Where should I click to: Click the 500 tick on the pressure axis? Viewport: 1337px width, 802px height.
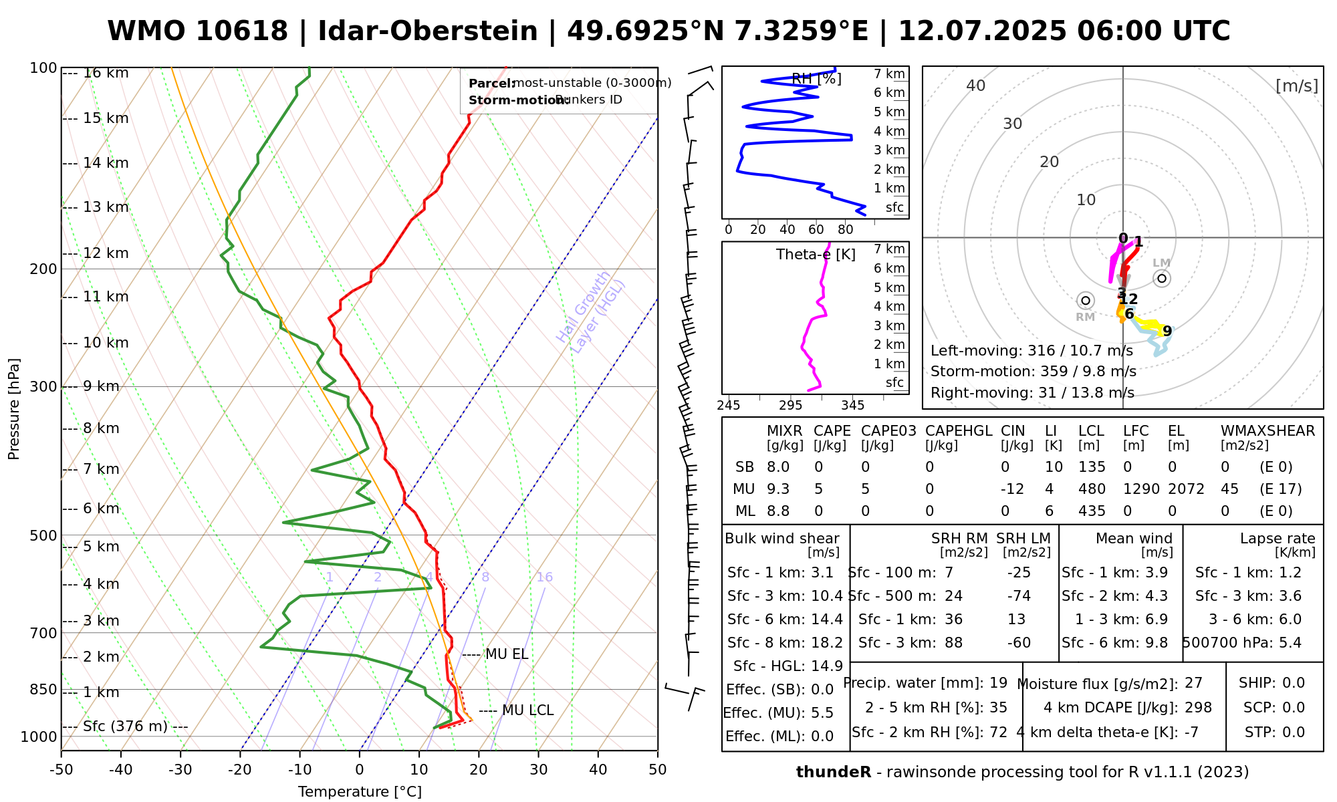[x=45, y=535]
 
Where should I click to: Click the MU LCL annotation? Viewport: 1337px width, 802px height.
[x=527, y=710]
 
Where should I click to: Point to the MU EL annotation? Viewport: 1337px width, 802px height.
[x=506, y=654]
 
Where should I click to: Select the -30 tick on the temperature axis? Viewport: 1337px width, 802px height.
[x=180, y=770]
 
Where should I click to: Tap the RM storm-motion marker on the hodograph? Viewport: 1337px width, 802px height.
[x=1085, y=301]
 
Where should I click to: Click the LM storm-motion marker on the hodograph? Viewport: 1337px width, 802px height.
[x=1162, y=278]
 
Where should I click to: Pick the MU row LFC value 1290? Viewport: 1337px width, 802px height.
[x=1141, y=489]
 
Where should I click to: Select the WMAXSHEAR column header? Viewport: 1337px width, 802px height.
[x=1267, y=431]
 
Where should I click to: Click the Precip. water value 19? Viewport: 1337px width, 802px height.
[x=998, y=683]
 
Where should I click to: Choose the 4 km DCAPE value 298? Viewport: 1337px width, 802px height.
[x=1198, y=708]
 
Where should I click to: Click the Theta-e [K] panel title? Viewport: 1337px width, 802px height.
[x=816, y=255]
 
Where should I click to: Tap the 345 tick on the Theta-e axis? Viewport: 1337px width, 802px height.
[x=852, y=406]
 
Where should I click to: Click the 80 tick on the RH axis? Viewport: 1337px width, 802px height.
[x=846, y=230]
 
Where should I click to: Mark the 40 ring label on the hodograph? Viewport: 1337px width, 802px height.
[x=976, y=86]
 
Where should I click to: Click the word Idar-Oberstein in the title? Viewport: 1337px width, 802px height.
[x=428, y=31]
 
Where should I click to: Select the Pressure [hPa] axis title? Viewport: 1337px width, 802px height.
[x=14, y=409]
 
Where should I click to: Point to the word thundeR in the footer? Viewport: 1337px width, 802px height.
[x=834, y=773]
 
